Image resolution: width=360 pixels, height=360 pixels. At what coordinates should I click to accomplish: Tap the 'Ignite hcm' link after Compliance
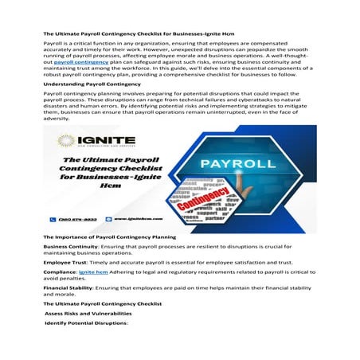pos(93,271)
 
